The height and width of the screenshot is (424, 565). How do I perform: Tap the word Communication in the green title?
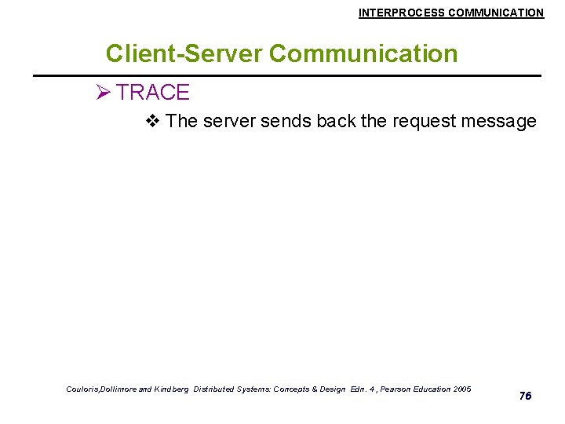[x=363, y=53]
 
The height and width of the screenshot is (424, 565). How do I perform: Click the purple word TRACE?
[x=153, y=93]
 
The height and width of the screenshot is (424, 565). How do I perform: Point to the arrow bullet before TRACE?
[x=102, y=93]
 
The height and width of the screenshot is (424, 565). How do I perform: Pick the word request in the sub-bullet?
[x=421, y=122]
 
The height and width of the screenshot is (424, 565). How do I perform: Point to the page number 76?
[x=525, y=396]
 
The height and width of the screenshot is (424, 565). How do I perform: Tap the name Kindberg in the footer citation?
[x=171, y=389]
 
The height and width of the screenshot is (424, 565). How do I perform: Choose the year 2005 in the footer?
[x=461, y=389]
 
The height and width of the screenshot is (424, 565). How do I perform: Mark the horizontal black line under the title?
[x=286, y=75]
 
